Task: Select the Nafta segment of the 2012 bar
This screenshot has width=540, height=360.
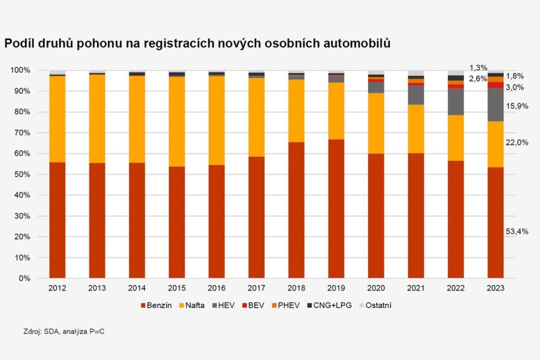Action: (x=57, y=119)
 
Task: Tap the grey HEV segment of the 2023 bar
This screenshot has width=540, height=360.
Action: (x=496, y=104)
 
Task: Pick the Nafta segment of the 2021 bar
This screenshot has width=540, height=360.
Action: (x=416, y=129)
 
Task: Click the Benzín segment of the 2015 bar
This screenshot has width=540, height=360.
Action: (x=177, y=222)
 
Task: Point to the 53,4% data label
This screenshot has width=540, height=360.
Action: (x=517, y=231)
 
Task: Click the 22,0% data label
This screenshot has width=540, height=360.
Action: (x=517, y=142)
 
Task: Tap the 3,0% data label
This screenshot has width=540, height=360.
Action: (x=515, y=87)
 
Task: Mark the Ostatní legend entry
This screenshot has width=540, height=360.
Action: (x=377, y=305)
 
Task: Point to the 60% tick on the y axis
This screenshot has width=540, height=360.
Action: (x=22, y=153)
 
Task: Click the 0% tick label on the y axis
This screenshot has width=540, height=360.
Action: (x=24, y=278)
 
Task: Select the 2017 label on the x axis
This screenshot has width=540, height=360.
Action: (x=256, y=288)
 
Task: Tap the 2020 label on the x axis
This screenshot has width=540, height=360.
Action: (x=376, y=288)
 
